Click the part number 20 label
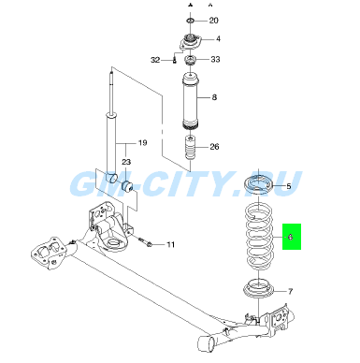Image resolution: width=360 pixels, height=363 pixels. (213, 21)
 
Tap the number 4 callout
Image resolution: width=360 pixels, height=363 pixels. (218, 38)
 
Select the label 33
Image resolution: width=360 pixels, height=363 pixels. (215, 59)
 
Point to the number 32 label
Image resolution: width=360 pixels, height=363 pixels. (155, 60)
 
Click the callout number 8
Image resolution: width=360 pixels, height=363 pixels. (214, 97)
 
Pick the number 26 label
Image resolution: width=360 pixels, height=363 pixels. (214, 147)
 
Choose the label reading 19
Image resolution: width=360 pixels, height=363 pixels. (142, 143)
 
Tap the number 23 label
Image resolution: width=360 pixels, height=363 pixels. (126, 162)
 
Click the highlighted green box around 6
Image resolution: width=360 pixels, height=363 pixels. (292, 237)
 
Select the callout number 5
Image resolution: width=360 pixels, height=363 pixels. (289, 186)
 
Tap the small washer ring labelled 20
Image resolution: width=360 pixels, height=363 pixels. (191, 21)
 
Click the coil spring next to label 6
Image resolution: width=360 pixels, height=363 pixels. (259, 237)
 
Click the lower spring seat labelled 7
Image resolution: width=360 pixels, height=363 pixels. (259, 289)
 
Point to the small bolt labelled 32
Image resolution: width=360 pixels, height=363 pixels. (175, 60)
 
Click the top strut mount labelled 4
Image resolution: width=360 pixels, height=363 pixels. (191, 42)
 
